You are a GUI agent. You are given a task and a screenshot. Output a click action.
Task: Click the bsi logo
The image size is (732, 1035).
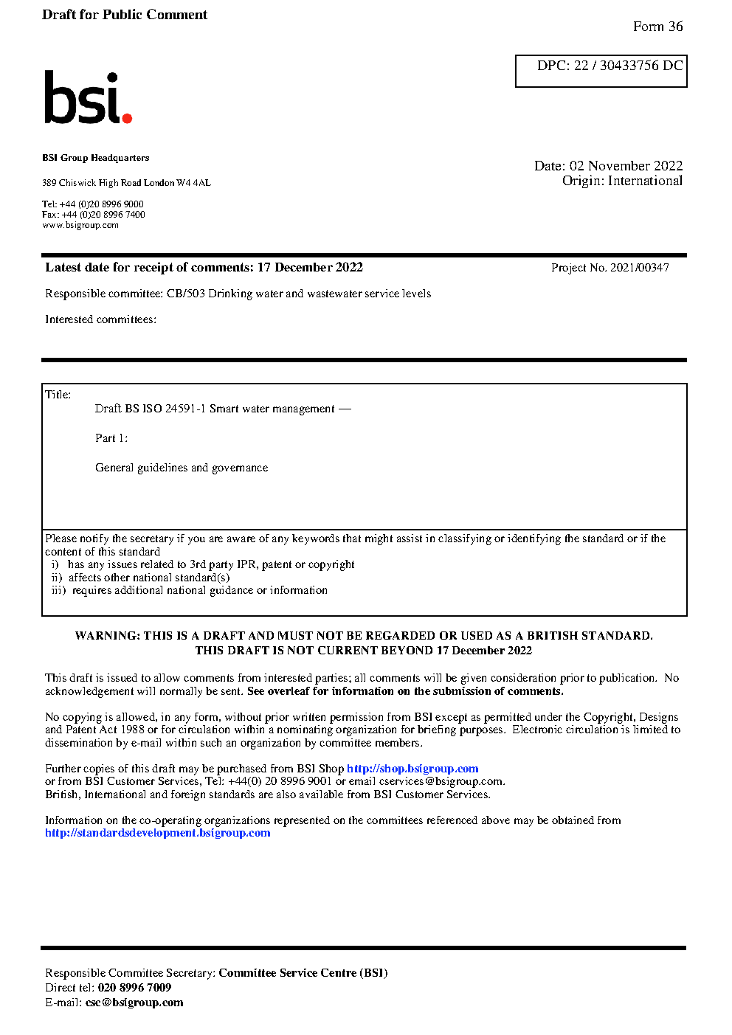tap(87, 97)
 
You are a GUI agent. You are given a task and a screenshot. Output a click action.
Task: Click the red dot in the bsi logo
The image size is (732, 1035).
tap(127, 117)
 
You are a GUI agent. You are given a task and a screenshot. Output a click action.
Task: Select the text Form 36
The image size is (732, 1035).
tap(657, 27)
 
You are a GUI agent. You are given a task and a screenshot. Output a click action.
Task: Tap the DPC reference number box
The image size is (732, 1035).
tap(601, 71)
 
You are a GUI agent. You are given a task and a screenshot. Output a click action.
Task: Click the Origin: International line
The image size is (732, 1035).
tap(622, 181)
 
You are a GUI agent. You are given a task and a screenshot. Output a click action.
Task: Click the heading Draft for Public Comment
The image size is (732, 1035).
tap(125, 15)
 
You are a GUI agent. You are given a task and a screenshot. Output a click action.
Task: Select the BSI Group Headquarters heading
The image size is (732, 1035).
tap(95, 158)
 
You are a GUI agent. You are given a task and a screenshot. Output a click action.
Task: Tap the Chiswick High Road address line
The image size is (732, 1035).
tap(126, 183)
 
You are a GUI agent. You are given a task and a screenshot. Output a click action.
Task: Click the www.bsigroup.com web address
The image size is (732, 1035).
tap(80, 225)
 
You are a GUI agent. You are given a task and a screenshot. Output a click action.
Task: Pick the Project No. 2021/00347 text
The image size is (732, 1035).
tap(610, 268)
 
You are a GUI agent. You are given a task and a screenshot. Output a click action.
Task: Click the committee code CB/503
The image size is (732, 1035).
tap(185, 294)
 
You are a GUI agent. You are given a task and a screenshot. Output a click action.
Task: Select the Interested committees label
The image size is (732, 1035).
tap(100, 319)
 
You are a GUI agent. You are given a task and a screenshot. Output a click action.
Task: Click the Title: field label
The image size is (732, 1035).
tap(58, 395)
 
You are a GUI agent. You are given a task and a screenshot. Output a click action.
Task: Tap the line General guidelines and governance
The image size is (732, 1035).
tap(182, 468)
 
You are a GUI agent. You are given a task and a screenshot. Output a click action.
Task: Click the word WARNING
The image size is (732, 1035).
tap(105, 636)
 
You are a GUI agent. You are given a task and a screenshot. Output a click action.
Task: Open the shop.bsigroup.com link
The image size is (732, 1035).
tap(412, 769)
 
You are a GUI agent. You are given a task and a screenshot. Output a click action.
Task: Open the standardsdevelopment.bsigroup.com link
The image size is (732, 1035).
tap(157, 833)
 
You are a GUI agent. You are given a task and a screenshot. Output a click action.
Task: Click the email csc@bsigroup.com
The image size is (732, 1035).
tap(134, 1003)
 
